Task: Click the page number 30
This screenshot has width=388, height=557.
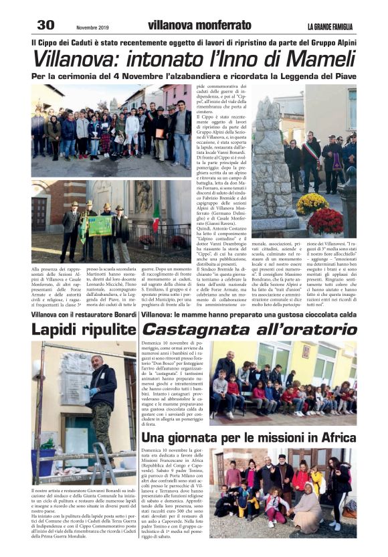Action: coord(45,25)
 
